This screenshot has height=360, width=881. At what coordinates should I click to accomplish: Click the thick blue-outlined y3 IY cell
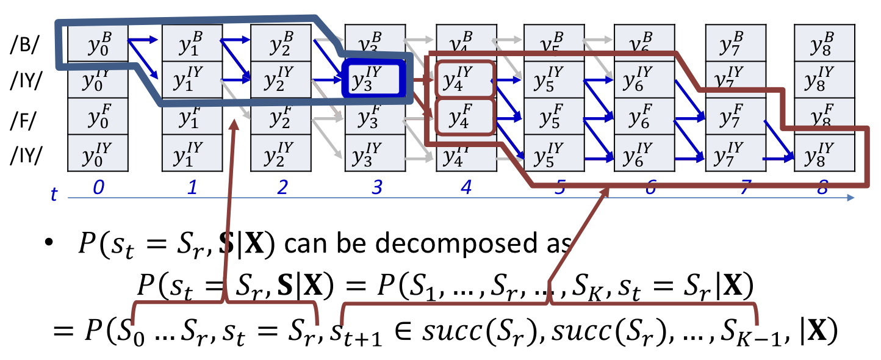(x=372, y=79)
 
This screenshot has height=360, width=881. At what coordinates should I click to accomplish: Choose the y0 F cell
(x=98, y=116)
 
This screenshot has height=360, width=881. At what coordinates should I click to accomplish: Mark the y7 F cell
(x=735, y=116)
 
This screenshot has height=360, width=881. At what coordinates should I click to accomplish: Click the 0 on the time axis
(x=98, y=188)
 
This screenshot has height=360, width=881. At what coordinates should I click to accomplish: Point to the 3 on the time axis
(x=376, y=188)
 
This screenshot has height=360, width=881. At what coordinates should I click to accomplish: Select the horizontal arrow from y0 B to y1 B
(x=144, y=40)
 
